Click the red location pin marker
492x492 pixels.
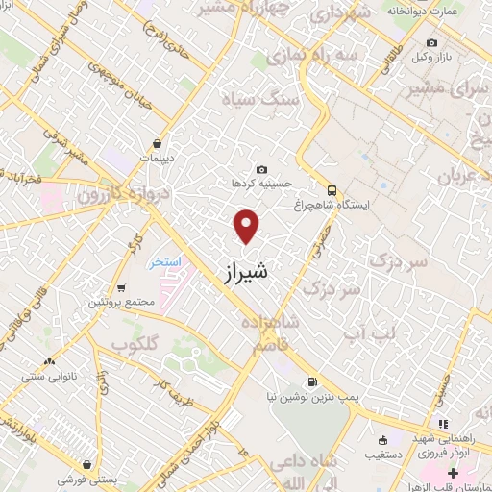click(x=248, y=227)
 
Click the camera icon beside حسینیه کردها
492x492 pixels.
click(x=261, y=169)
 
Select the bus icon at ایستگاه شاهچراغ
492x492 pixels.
click(x=332, y=189)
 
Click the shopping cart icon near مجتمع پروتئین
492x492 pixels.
click(x=122, y=287)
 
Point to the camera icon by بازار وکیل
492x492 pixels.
click(x=430, y=43)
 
